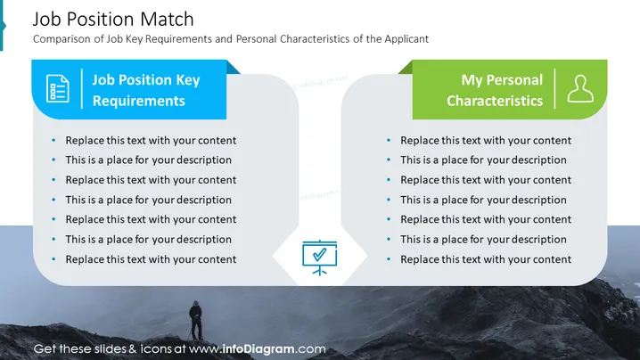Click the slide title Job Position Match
[113, 20]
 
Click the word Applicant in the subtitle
[406, 39]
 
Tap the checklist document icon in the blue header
[58, 88]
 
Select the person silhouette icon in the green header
[580, 88]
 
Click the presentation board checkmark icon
[320, 258]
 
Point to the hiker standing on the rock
[196, 321]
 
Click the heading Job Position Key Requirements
[146, 90]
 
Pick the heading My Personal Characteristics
[495, 90]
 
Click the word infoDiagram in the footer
[258, 349]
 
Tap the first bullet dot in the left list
[53, 141]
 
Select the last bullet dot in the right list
[389, 259]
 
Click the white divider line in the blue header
[82, 88]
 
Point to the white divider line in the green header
[554, 88]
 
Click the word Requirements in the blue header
[139, 101]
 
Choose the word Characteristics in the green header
[495, 101]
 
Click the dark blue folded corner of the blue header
[233, 68]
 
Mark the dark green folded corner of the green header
[406, 68]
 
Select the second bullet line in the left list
[149, 160]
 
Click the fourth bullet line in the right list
[483, 200]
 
